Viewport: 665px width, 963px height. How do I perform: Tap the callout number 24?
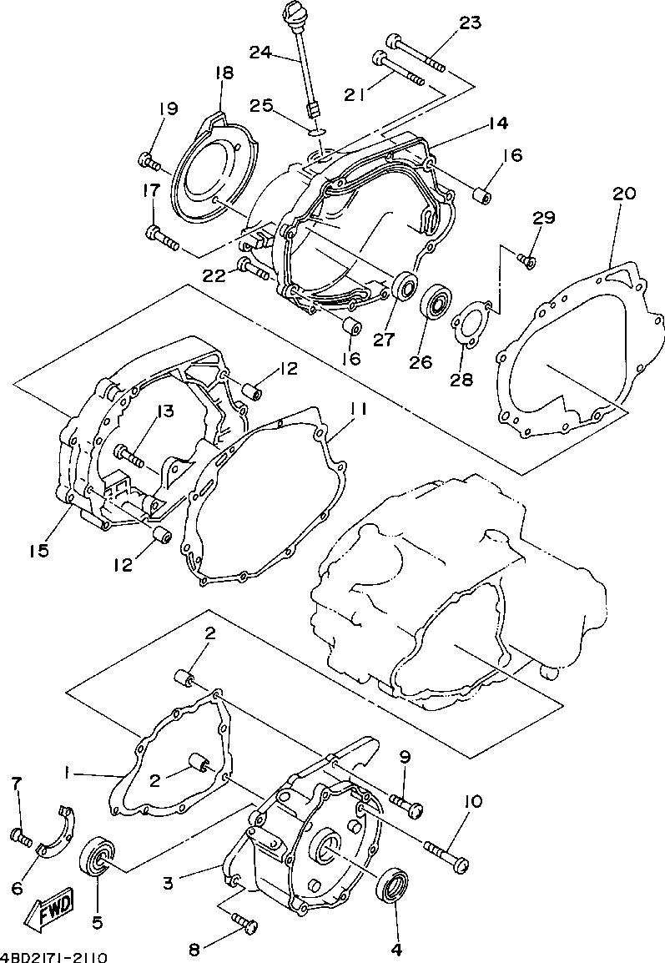(x=261, y=52)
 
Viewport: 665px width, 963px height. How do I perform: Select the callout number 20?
(x=623, y=194)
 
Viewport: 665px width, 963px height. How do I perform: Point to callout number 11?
(x=359, y=411)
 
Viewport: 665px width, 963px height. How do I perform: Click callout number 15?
(x=39, y=551)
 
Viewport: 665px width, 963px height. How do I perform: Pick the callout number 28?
(x=461, y=380)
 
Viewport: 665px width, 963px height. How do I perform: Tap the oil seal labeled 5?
(x=98, y=859)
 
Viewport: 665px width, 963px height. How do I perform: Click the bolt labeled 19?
(x=149, y=159)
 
